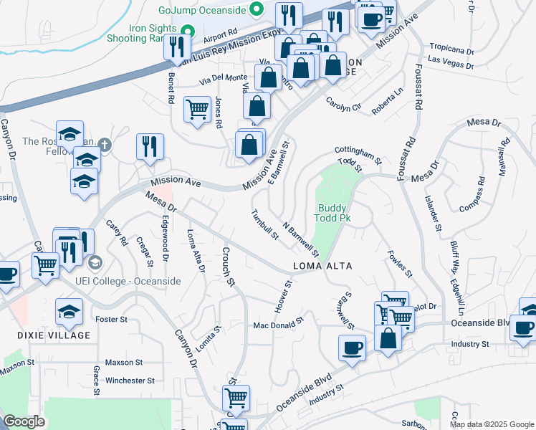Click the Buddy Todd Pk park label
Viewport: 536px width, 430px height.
pyautogui.click(x=332, y=212)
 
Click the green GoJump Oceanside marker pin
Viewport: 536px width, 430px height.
pyautogui.click(x=257, y=10)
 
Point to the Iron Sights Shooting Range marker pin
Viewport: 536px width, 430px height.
pyautogui.click(x=188, y=32)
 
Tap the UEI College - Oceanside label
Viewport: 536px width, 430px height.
pyautogui.click(x=128, y=281)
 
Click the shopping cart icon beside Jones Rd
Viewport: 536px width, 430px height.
pyautogui.click(x=197, y=109)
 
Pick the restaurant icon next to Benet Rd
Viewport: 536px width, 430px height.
pyautogui.click(x=176, y=47)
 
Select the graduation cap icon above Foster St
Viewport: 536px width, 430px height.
pyautogui.click(x=69, y=310)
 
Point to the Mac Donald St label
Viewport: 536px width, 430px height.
pyautogui.click(x=279, y=326)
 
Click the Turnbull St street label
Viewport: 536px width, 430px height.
pyautogui.click(x=264, y=225)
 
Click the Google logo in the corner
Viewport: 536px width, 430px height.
pyautogui.click(x=24, y=421)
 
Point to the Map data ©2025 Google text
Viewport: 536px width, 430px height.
pyautogui.click(x=491, y=424)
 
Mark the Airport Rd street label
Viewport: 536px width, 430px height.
pyautogui.click(x=220, y=34)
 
